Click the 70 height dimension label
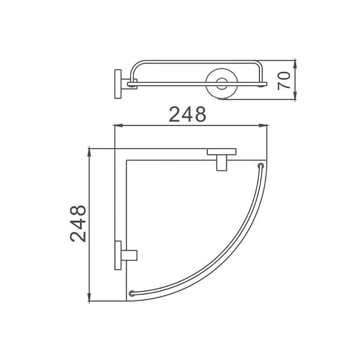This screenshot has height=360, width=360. point(284,80)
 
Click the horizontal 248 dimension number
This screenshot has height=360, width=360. point(187,114)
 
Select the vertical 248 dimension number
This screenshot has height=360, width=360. point(78,224)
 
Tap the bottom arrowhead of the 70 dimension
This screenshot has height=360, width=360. point(295,96)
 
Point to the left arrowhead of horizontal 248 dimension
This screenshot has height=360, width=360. point(118,125)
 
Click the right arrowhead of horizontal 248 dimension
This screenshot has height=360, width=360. point(263,125)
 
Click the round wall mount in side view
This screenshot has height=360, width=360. point(222,84)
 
